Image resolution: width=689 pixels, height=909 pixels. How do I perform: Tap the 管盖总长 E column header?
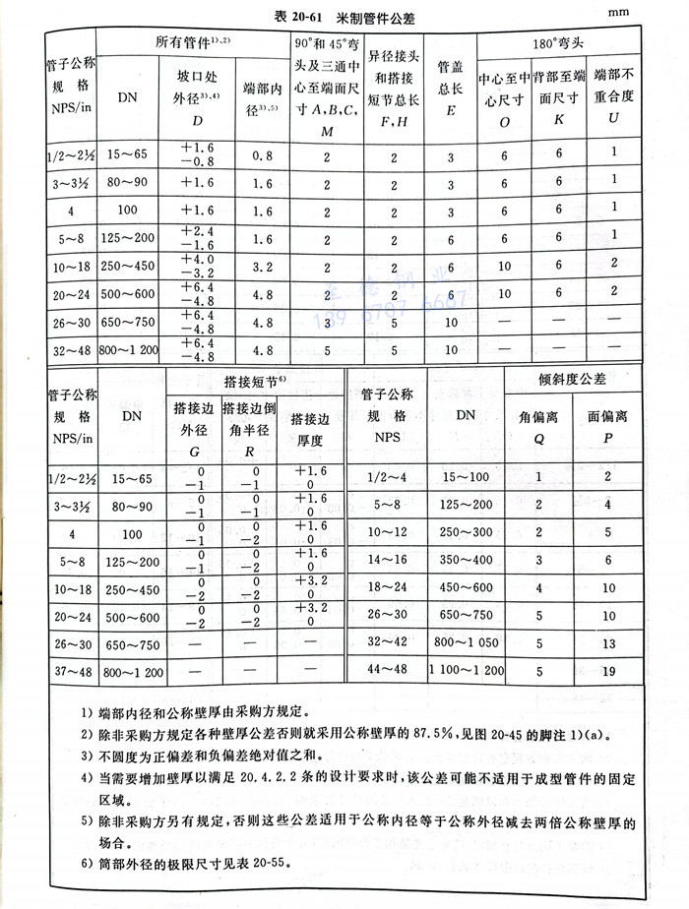[450, 89]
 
